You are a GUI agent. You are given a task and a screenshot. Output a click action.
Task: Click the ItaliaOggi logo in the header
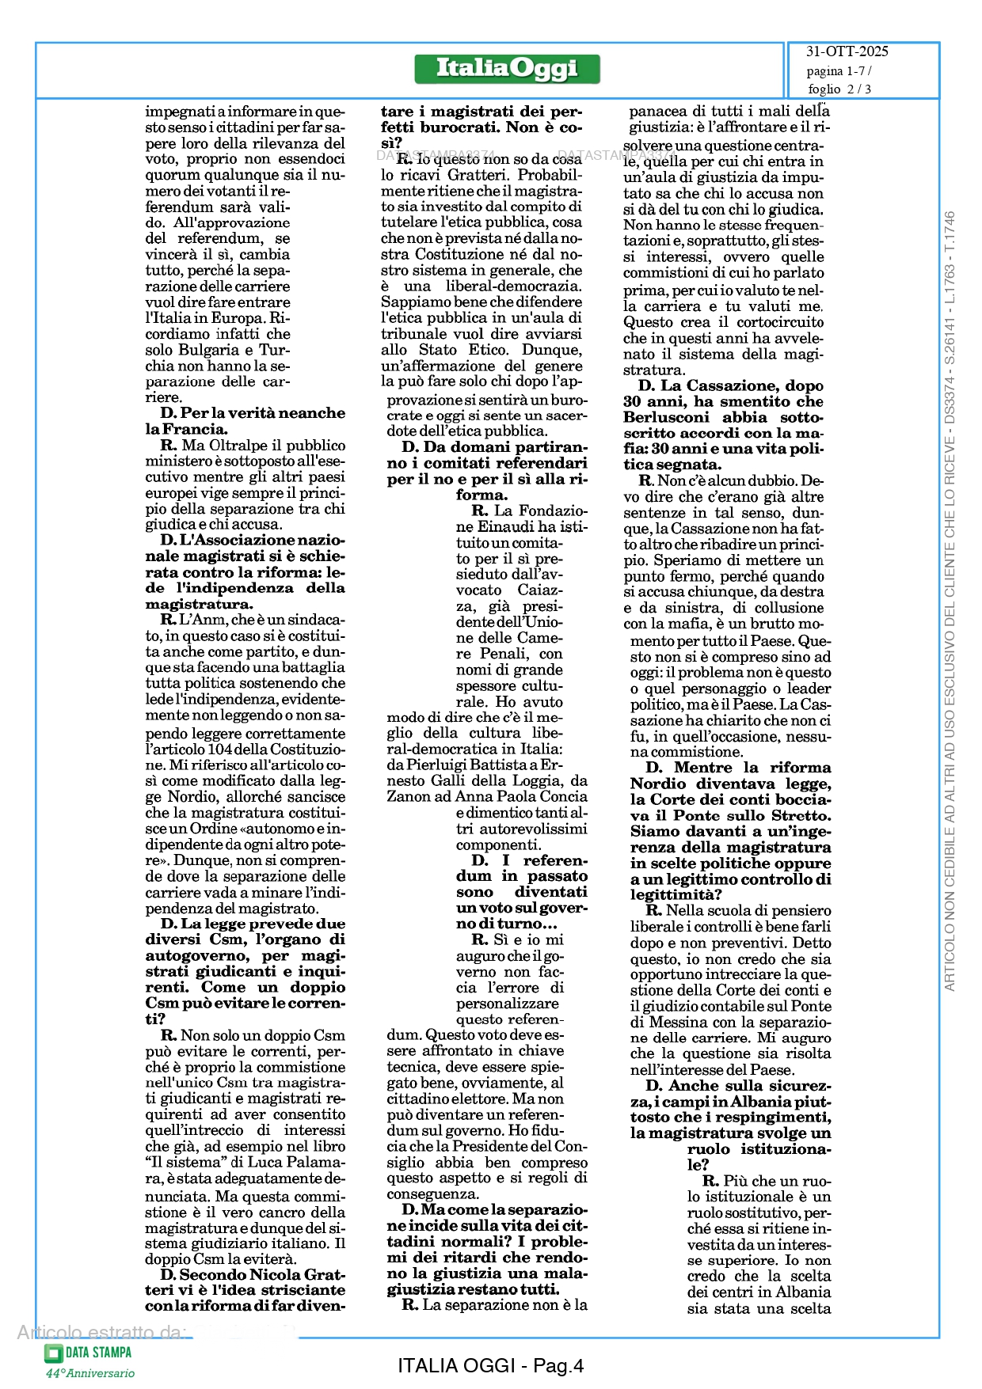[507, 69]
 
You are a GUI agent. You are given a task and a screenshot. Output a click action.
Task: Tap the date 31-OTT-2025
[847, 51]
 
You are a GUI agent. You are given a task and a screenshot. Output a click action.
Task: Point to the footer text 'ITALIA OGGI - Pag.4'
[490, 1365]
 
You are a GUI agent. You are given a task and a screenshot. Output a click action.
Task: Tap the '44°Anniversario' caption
[89, 1373]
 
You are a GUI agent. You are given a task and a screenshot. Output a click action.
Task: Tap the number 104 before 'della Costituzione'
[219, 749]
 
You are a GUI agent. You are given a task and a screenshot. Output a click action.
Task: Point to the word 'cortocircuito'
[780, 322]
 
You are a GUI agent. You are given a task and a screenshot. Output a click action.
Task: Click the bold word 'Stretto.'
[799, 815]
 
